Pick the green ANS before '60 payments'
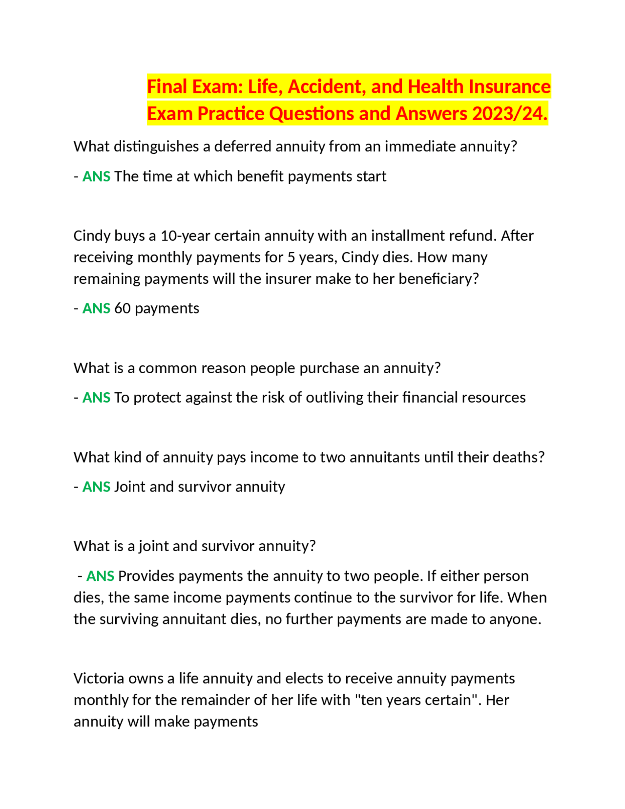click(96, 308)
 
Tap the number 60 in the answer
click(122, 308)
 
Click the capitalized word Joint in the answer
click(129, 487)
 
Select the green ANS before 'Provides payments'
click(100, 576)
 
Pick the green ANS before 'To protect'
click(96, 397)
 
